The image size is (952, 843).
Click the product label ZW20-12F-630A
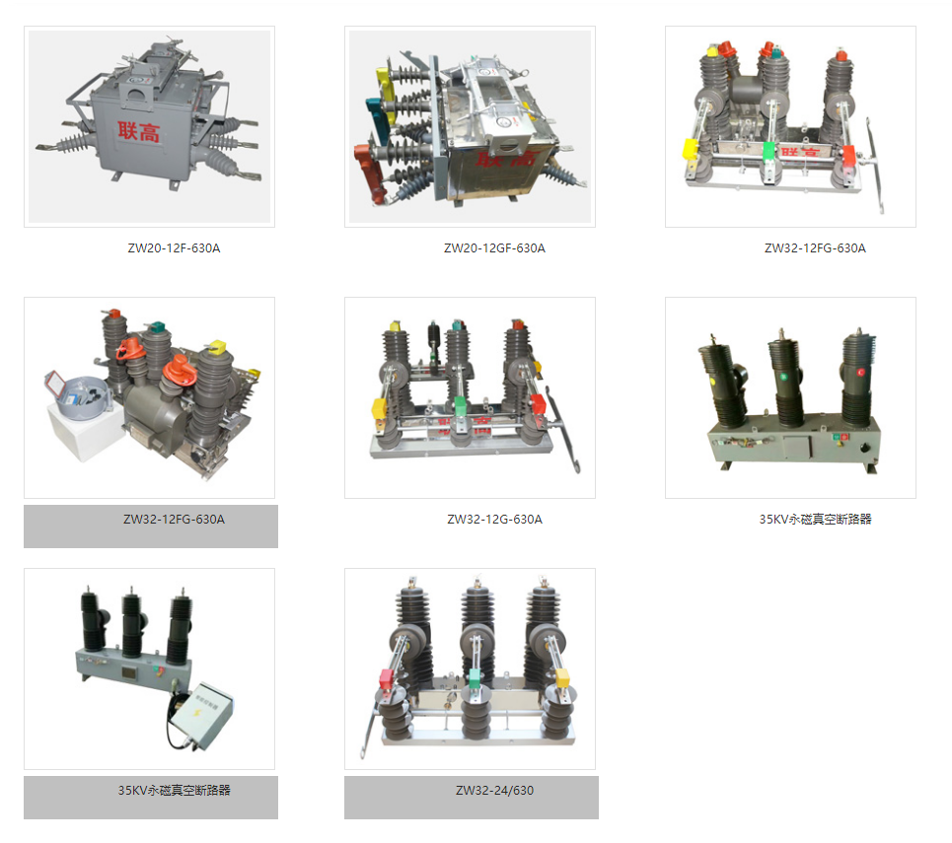(174, 247)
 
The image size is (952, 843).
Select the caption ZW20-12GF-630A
(494, 247)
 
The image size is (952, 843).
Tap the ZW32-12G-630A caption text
(494, 519)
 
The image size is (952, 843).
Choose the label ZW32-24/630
(494, 790)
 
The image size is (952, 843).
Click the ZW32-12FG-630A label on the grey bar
(174, 519)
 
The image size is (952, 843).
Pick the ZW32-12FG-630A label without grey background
(815, 247)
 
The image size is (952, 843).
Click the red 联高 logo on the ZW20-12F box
(139, 131)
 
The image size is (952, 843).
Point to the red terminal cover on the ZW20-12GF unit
(369, 171)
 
